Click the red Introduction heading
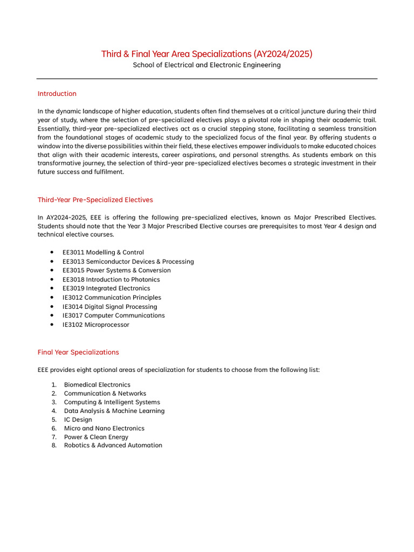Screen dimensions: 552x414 point(57,94)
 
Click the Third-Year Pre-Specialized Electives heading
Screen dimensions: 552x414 point(95,200)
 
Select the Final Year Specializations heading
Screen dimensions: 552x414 point(78,353)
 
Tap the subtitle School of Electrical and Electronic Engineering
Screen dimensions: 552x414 point(207,65)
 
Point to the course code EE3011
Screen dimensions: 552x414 point(73,252)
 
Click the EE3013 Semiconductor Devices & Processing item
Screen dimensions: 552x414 point(128,261)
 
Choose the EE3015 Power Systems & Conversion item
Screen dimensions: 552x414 point(116,271)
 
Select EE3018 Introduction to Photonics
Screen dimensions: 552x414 point(111,280)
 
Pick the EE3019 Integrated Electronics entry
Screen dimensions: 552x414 point(106,288)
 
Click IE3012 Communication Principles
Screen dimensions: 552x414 point(112,298)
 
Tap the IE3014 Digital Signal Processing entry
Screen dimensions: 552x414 point(110,307)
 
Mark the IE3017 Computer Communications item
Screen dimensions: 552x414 point(114,315)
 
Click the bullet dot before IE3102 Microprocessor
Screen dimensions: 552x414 point(51,325)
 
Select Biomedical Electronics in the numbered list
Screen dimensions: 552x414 point(97,385)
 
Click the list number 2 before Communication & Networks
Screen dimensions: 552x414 point(54,394)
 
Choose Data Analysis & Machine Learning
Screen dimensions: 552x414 point(114,411)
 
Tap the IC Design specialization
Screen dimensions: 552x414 point(78,419)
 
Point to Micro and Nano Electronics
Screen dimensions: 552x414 point(104,428)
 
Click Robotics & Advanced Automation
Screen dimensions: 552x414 point(113,445)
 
